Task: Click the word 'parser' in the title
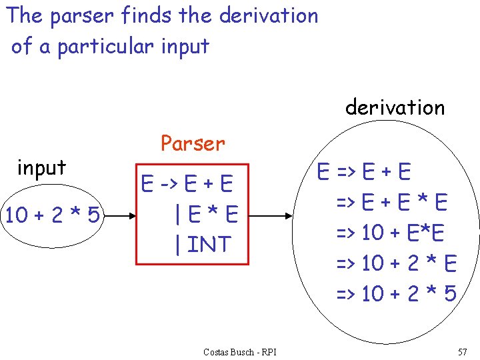tap(81, 15)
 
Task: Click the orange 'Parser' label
tap(193, 143)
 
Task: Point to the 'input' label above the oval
tap(41, 168)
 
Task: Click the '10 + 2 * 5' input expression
tap(52, 215)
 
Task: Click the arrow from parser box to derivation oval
tap(270, 216)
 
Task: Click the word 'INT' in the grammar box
tap(209, 244)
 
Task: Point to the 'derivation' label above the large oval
tap(395, 107)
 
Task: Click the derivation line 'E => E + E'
tap(364, 173)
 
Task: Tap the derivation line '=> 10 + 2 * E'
tap(395, 263)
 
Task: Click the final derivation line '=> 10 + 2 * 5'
tap(395, 293)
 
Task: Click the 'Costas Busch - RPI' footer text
tap(240, 351)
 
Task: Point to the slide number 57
tap(463, 351)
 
